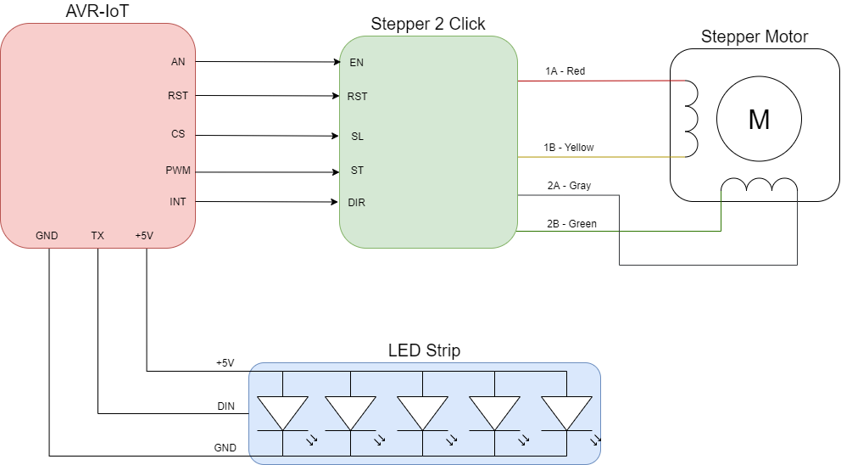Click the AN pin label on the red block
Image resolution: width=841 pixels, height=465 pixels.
(x=178, y=62)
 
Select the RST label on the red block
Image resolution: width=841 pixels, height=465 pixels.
(x=178, y=96)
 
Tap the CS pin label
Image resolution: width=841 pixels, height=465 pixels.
(x=178, y=134)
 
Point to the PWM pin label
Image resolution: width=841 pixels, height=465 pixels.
(x=178, y=171)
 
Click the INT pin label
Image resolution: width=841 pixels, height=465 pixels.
(x=178, y=202)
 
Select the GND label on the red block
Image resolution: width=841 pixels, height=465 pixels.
(x=47, y=236)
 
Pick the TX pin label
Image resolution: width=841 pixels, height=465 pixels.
(x=97, y=236)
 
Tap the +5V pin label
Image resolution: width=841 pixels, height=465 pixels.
(x=144, y=236)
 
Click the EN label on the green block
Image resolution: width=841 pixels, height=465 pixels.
(x=356, y=63)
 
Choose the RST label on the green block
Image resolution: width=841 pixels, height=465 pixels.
(x=357, y=97)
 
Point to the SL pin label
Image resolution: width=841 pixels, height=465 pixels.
(x=357, y=137)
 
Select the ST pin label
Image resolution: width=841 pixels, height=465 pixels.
(x=357, y=171)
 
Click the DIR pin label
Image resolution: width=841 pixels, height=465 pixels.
(x=357, y=203)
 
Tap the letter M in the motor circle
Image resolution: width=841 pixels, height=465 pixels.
(x=759, y=120)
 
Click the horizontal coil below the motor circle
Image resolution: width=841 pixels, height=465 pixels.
(x=759, y=186)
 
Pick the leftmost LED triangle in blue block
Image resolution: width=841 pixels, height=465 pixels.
(x=282, y=412)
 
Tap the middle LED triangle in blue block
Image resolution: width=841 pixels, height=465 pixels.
(x=422, y=412)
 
